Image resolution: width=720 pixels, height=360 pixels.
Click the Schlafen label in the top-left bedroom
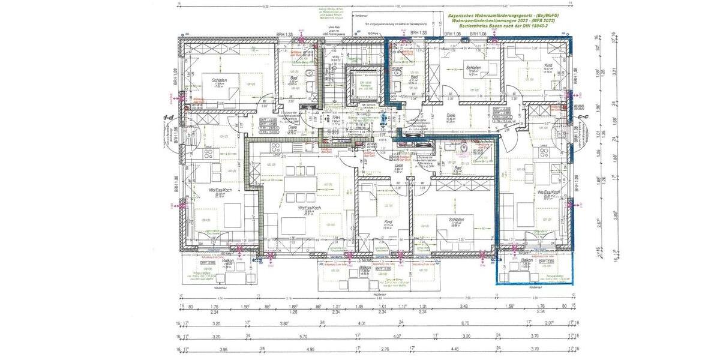(x=218, y=80)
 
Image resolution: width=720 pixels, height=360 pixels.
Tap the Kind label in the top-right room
(x=530, y=65)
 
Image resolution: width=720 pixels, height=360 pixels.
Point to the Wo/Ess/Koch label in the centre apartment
(x=310, y=208)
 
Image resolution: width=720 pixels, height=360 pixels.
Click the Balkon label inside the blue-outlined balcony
(x=527, y=262)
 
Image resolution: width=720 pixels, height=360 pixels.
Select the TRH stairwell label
(x=337, y=118)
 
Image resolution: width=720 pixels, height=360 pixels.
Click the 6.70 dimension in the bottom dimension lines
(x=465, y=322)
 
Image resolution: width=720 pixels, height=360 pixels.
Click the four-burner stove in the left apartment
(x=209, y=154)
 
